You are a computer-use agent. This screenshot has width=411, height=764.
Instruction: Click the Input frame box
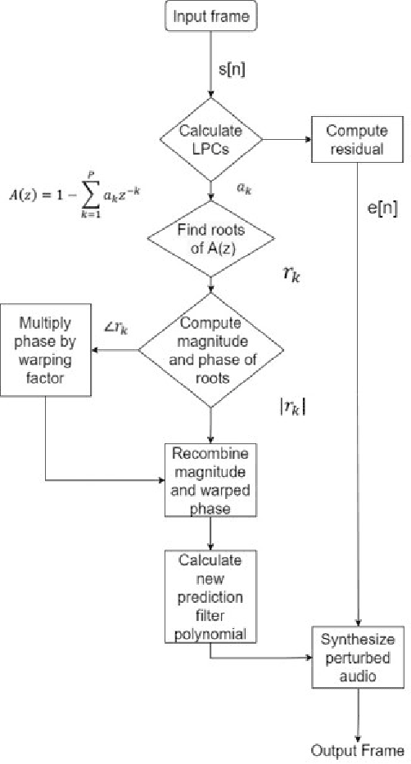[212, 16]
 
